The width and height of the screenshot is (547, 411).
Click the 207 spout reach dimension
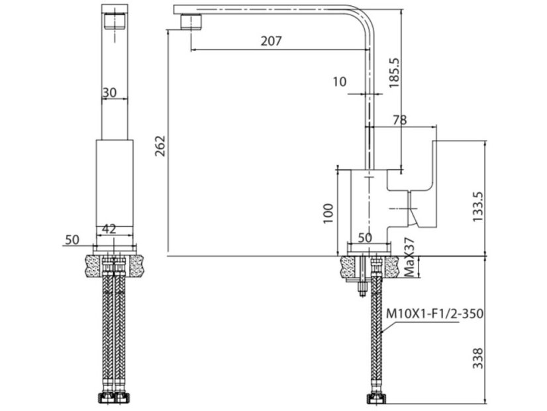[x=271, y=41]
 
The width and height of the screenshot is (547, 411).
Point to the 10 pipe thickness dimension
[x=340, y=82]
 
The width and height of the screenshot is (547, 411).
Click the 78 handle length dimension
[x=399, y=120]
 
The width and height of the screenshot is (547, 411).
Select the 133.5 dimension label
[x=479, y=207]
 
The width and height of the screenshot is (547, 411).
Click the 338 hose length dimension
[x=479, y=359]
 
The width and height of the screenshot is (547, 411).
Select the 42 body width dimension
[x=110, y=229]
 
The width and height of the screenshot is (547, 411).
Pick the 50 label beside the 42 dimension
[x=72, y=239]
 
